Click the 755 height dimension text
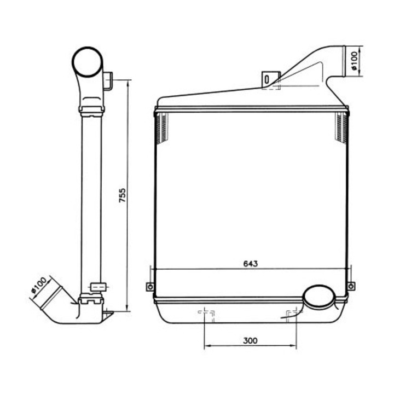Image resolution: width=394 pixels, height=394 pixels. [x=123, y=196]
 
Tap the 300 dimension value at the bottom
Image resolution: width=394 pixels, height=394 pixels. [x=250, y=340]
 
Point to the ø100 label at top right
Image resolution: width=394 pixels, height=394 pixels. [x=355, y=60]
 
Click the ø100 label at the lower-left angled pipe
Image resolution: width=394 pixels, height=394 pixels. [x=40, y=287]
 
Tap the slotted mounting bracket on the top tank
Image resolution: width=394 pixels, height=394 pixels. [x=267, y=79]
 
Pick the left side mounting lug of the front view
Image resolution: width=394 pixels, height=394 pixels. [x=149, y=287]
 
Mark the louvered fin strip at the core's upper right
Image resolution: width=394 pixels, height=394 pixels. [x=341, y=129]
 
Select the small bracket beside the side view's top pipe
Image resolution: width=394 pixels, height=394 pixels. [x=108, y=80]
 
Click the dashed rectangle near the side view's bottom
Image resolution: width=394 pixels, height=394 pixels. [x=97, y=286]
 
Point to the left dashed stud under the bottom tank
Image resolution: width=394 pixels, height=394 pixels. [x=205, y=314]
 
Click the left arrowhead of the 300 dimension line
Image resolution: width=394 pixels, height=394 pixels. [x=207, y=346]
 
